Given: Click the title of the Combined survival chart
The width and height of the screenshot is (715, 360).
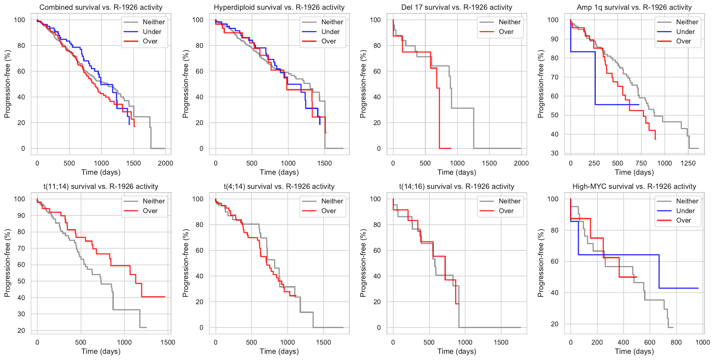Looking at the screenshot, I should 101,7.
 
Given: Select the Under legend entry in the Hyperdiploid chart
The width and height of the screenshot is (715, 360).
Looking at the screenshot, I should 330,32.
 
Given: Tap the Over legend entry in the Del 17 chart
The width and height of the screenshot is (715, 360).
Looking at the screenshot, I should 506,32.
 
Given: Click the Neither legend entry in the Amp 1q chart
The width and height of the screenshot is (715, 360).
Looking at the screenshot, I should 687,22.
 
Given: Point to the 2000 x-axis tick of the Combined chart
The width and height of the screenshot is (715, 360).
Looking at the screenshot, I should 165,163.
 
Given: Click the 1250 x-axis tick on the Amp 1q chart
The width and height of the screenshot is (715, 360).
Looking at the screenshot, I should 688,163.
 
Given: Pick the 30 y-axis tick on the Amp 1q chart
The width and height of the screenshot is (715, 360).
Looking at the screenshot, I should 554,153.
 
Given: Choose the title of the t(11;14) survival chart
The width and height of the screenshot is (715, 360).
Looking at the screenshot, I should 101,187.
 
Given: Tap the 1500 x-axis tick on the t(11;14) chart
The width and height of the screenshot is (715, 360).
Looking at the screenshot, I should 168,342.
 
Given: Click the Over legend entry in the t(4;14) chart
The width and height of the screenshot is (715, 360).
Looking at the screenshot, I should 329,211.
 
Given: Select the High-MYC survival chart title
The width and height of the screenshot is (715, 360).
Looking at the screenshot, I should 634,187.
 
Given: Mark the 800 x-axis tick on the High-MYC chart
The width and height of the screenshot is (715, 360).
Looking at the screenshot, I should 676,342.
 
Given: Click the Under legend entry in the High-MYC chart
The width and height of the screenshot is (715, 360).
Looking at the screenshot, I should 685,211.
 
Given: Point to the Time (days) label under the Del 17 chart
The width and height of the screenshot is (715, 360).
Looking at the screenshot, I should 457,172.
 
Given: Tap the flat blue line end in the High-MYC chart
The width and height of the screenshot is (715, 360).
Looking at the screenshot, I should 698,288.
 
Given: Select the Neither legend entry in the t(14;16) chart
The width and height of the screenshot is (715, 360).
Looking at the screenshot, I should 509,201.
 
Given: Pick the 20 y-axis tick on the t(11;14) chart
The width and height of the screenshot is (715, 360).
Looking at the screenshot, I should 21,330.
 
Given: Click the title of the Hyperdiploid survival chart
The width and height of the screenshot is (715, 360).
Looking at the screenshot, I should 279,7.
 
